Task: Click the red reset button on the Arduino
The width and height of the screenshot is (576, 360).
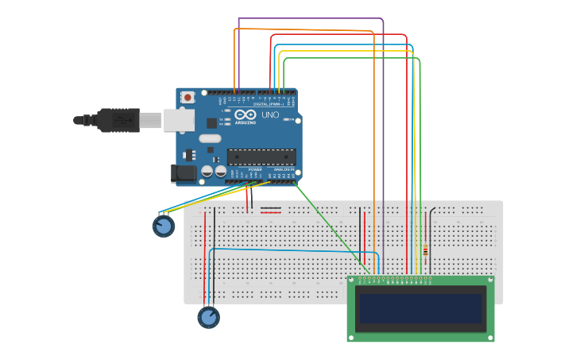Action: pyautogui.click(x=187, y=97)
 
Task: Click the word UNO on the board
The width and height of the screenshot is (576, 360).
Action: pyautogui.click(x=270, y=115)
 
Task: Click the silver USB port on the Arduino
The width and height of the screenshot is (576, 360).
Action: pyautogui.click(x=179, y=120)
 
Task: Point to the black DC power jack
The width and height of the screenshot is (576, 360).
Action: pyautogui.click(x=184, y=172)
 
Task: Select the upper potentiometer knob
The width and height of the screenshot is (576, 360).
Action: pyautogui.click(x=164, y=226)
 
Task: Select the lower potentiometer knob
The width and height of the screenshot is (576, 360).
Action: pyautogui.click(x=208, y=318)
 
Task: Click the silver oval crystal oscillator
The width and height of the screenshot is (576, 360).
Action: pyautogui.click(x=210, y=139)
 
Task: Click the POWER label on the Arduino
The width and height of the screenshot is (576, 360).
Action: pyautogui.click(x=255, y=169)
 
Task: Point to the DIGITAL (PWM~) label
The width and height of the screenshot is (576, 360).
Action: pyautogui.click(x=267, y=104)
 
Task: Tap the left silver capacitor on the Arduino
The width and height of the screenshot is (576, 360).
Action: pyautogui.click(x=207, y=170)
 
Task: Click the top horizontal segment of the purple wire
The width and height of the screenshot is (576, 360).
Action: pyautogui.click(x=310, y=18)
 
